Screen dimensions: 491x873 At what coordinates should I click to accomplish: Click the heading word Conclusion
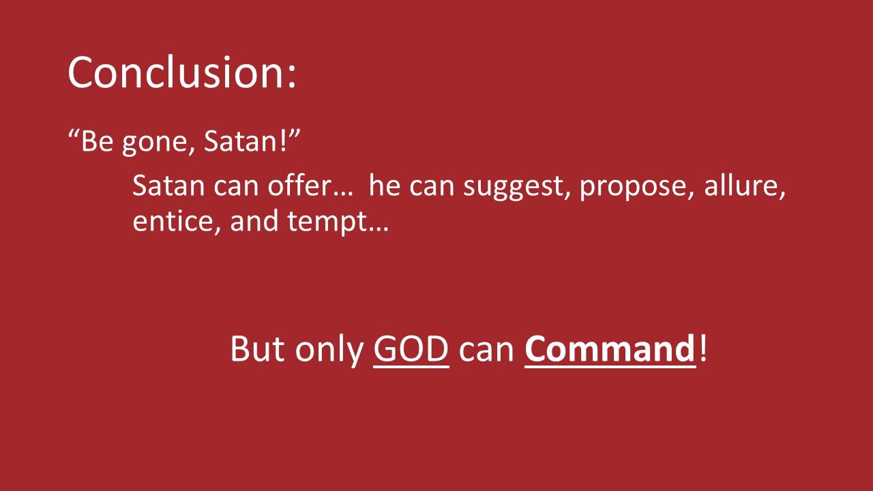pos(176,72)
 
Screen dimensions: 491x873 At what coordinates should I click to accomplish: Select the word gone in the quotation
pos(146,145)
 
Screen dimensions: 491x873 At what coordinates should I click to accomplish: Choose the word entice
pos(171,222)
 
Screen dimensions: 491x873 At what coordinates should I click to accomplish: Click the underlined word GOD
pos(411,349)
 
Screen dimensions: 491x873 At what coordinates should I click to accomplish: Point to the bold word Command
pos(609,349)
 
